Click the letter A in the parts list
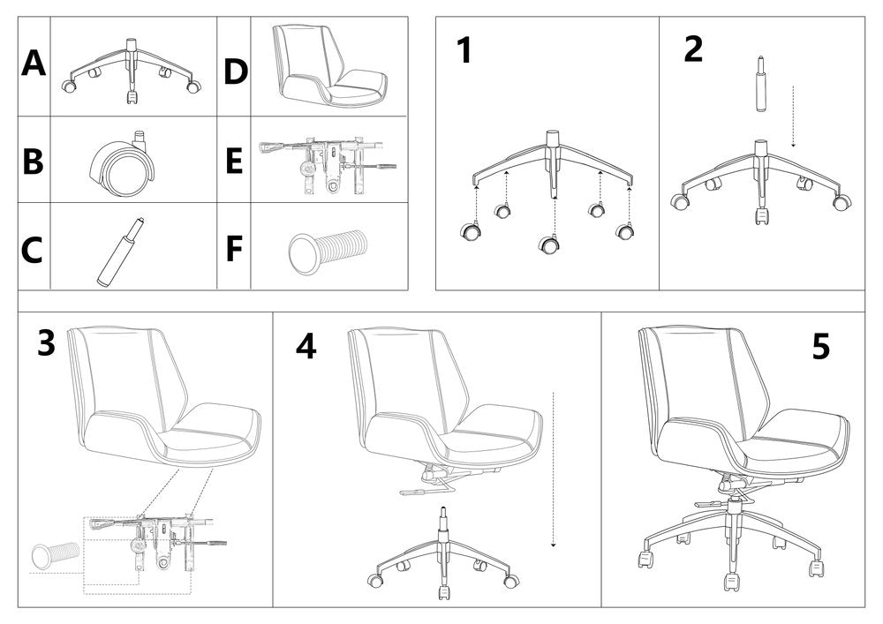pos(33,64)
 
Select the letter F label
pos(233,249)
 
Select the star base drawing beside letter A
pos(131,71)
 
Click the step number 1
pos(464,51)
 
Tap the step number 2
pos(694,49)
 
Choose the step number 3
pos(46,343)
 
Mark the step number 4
pos(306,346)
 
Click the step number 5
pos(821,347)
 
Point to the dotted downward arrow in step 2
pos(794,115)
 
